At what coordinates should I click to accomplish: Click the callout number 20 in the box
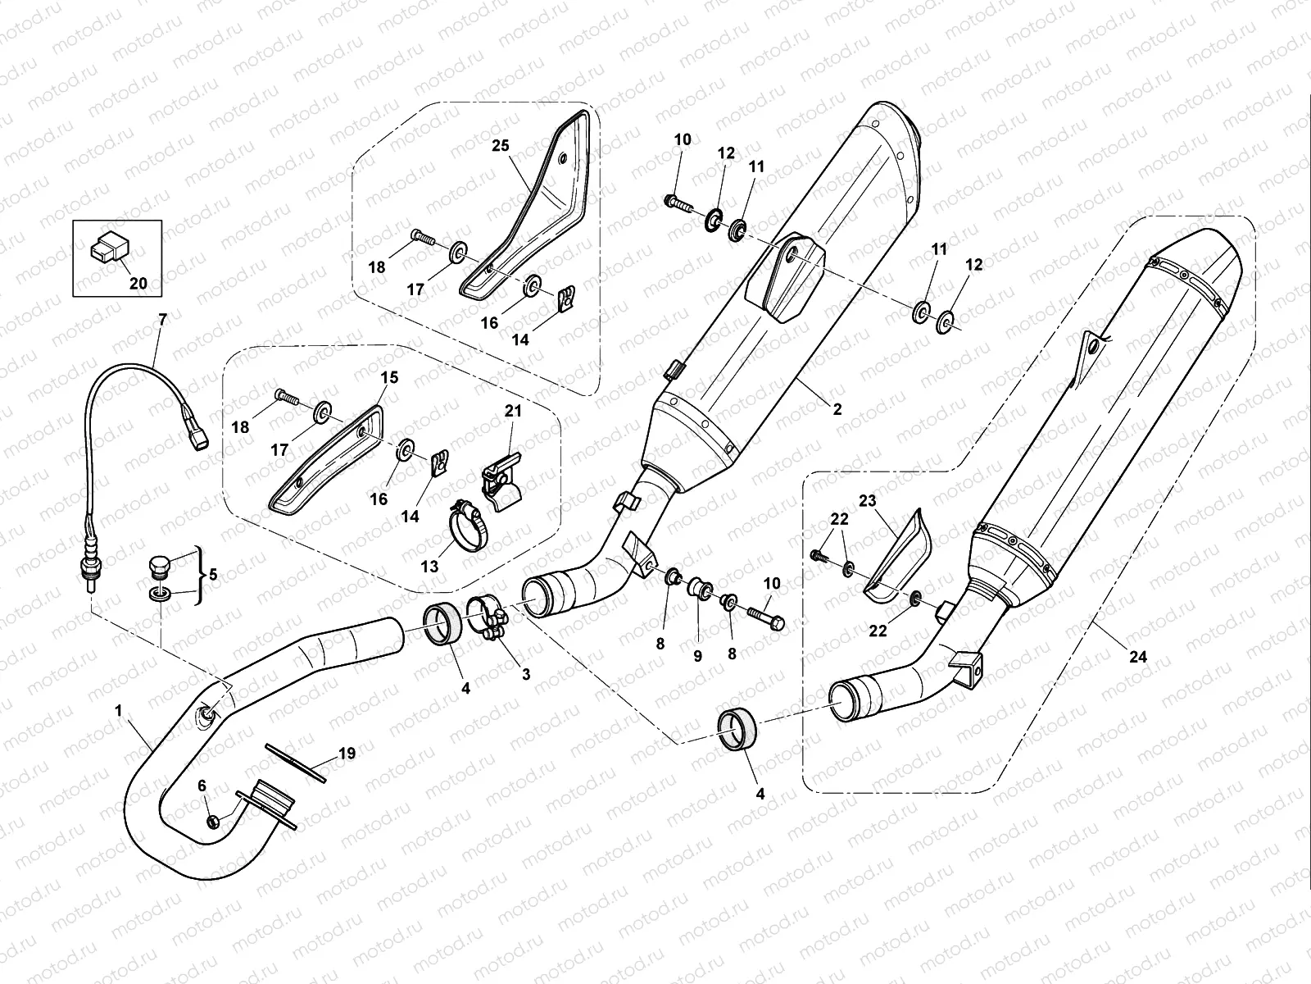point(138,284)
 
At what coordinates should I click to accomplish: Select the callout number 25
point(523,145)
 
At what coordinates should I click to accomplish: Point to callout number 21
point(512,411)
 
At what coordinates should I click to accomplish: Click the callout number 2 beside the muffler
point(837,409)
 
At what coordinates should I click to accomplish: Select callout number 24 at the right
point(1137,656)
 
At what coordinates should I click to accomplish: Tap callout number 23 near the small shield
point(868,499)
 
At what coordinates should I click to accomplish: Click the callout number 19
point(347,753)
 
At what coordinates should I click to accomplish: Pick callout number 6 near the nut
point(202,785)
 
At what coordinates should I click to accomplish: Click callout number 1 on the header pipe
point(119,711)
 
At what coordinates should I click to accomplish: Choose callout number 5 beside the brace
point(213,574)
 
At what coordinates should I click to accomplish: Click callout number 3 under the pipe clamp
point(525,674)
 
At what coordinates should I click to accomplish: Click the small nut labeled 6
point(211,822)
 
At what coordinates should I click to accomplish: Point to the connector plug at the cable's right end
point(197,441)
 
